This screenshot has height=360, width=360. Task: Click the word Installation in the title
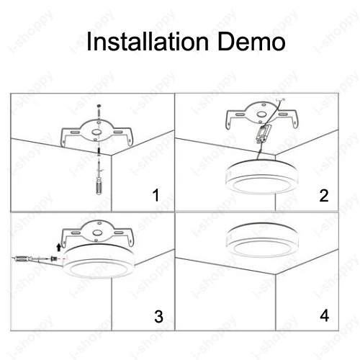[x=148, y=41]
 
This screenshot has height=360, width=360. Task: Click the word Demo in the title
[x=251, y=41]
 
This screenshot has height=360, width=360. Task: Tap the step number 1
[x=156, y=195]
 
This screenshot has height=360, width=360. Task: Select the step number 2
[x=324, y=195]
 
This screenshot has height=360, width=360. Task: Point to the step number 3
[x=158, y=316]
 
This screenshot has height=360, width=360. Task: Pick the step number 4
[x=325, y=315]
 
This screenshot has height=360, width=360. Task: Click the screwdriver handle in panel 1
[x=99, y=186]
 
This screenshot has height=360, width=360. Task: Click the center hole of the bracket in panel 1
[x=96, y=132]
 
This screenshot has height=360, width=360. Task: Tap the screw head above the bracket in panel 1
[x=99, y=106]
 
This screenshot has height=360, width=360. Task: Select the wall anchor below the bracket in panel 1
[x=99, y=152]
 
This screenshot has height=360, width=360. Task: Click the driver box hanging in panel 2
[x=263, y=134]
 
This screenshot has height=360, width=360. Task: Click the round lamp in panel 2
[x=262, y=176]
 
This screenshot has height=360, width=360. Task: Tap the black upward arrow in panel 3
[x=58, y=247]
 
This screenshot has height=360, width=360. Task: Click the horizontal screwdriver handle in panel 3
[x=23, y=258]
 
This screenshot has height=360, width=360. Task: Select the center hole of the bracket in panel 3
[x=97, y=233]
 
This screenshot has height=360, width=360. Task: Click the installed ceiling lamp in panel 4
[x=263, y=240]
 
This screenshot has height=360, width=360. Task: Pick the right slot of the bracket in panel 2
[x=284, y=114]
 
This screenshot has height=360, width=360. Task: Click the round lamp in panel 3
[x=99, y=261]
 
